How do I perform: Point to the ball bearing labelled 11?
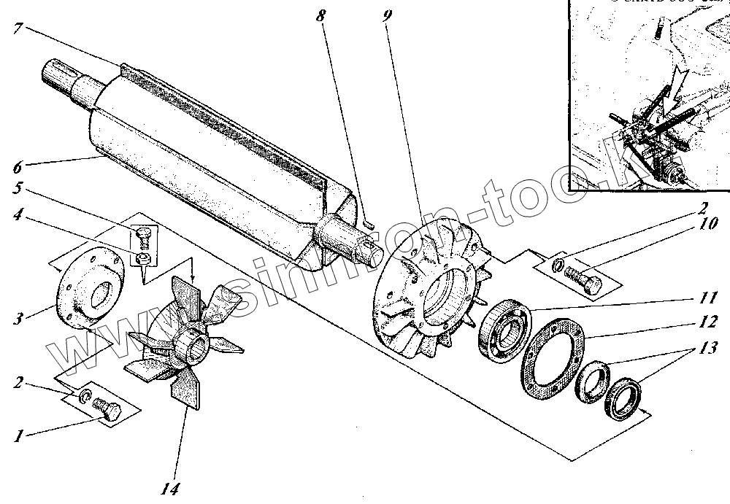point(506,330)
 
